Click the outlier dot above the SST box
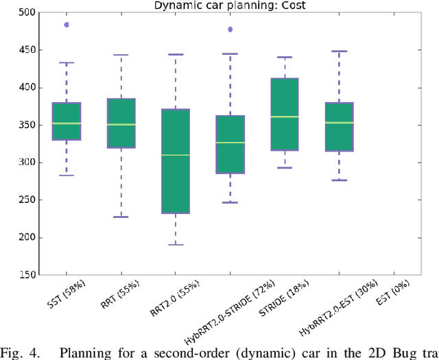click(x=67, y=25)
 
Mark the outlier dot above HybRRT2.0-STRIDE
click(x=230, y=29)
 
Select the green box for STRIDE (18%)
click(x=285, y=114)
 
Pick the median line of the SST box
click(x=67, y=123)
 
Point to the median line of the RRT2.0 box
click(x=176, y=155)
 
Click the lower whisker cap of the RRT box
click(x=121, y=217)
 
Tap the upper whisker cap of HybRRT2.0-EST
click(x=339, y=51)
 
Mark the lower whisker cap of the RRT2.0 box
click(x=176, y=245)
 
